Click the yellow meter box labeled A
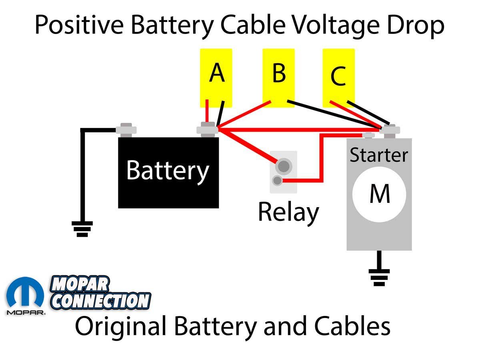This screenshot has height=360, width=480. tap(216, 78)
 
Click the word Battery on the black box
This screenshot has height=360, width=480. tap(168, 171)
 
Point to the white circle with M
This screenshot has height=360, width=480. tap(379, 195)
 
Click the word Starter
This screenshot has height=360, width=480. tap(379, 155)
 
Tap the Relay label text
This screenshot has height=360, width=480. tap(288, 212)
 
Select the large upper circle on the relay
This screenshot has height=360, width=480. tap(283, 165)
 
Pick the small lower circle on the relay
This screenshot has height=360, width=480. tap(276, 180)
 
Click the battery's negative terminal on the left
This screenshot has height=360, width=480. tap(126, 130)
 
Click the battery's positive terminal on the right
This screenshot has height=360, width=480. tap(207, 130)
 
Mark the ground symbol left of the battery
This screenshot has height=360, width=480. tap(82, 228)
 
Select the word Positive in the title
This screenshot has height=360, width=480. tap(80, 25)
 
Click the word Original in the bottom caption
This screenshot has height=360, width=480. tap(121, 326)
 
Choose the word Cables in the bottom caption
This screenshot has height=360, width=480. tap(352, 326)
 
